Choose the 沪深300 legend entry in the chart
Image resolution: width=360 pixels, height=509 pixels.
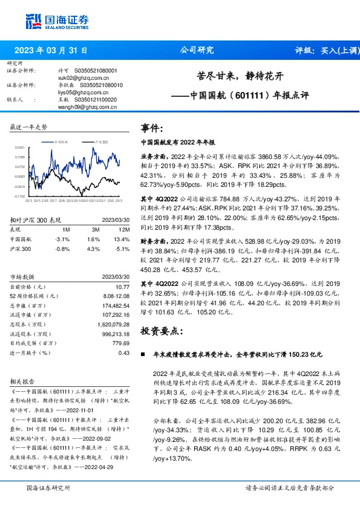pyautogui.click(x=100, y=141)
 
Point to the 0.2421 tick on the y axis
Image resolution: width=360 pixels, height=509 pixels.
pyautogui.click(x=19, y=148)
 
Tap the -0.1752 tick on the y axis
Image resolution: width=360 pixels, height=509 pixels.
pyautogui.click(x=19, y=196)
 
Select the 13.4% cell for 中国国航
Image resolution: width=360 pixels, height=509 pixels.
pyautogui.click(x=122, y=239)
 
